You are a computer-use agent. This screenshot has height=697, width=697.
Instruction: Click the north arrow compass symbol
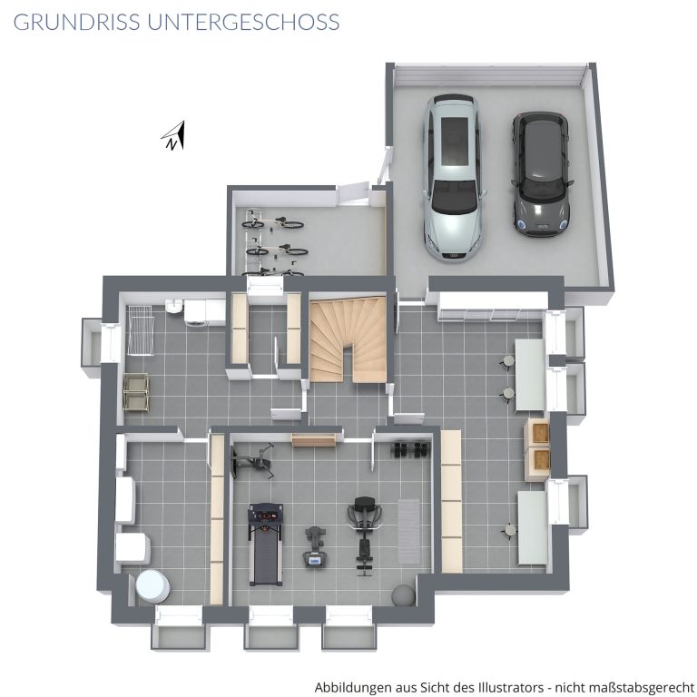pos(174,136)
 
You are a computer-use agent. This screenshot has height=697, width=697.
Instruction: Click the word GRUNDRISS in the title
pos(77,22)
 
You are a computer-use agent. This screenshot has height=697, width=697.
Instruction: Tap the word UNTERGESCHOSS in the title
pos(243,22)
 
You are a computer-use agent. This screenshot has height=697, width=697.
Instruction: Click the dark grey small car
pos(541,174)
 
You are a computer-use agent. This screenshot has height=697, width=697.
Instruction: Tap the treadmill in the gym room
pos(265,545)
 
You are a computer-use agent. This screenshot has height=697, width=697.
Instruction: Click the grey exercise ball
pos(404,595)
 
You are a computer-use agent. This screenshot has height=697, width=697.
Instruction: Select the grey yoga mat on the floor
pos(408,531)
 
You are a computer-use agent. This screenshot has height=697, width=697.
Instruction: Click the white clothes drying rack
pos(141,329)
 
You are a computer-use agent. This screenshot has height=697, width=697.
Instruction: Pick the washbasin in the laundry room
pos(173,306)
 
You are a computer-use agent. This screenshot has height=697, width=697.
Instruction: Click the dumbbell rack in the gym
pos(410,449)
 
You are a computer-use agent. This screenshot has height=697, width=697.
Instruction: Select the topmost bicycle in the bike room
pos(273,221)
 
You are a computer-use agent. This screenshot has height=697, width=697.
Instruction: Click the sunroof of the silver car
pos(455,140)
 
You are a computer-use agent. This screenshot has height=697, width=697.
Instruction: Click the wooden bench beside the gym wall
pos(314,440)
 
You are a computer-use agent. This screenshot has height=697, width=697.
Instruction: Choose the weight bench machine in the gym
pos(365,535)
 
